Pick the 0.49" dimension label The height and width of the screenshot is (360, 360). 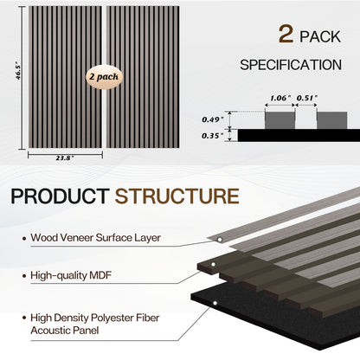pos(211,118)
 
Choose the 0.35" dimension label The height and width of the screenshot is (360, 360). pos(211,135)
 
